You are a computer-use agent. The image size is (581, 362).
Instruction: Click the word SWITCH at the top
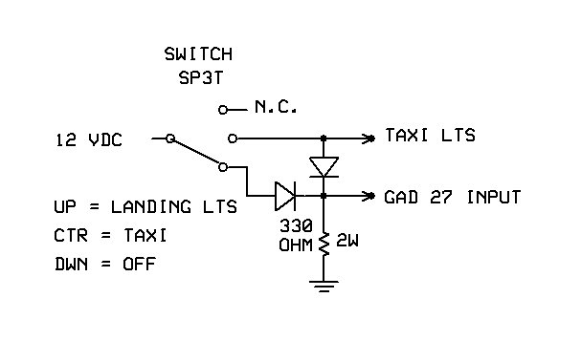[x=198, y=53]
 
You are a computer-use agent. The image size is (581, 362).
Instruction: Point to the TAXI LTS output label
[x=431, y=137]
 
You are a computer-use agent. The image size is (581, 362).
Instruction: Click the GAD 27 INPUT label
[x=452, y=198]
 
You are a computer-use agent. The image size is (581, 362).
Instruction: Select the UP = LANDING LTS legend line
[x=146, y=206]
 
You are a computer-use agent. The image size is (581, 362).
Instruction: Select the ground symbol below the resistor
[x=325, y=285]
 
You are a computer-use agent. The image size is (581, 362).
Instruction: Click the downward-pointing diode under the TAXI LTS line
[x=325, y=167]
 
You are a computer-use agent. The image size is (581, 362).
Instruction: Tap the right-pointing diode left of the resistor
[x=284, y=197]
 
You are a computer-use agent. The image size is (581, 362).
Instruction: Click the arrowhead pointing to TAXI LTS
[x=369, y=138]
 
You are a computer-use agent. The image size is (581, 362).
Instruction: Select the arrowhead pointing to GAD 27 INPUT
[x=369, y=197]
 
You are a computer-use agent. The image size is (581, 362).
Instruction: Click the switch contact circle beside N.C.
[x=224, y=109]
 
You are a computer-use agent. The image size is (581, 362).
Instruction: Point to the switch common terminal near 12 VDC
[x=169, y=138]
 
